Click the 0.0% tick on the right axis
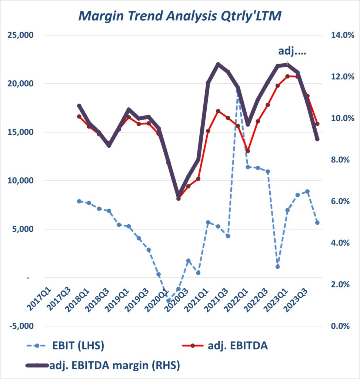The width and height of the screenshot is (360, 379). (x=338, y=326)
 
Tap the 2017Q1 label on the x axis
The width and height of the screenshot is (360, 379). (x=40, y=296)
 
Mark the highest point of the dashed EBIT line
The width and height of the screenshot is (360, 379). (x=238, y=89)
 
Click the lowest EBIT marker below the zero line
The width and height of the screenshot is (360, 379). (x=169, y=301)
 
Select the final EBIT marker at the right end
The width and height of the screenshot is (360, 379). (x=317, y=222)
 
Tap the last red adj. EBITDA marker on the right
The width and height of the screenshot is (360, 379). (x=317, y=124)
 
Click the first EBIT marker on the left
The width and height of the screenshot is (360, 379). (x=79, y=201)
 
